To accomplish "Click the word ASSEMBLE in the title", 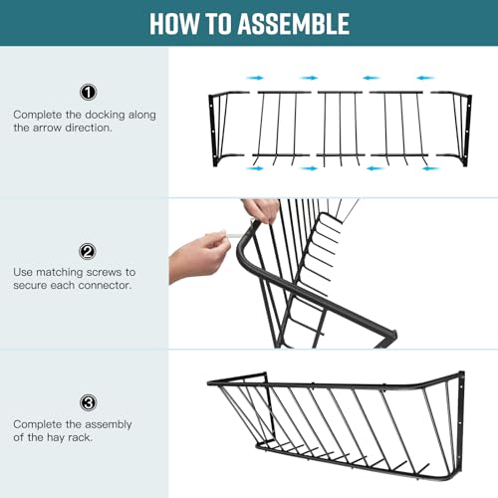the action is coord(294,24).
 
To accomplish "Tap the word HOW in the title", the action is coord(174,24).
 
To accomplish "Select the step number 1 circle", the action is coord(88,93).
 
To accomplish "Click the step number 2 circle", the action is coord(88,251).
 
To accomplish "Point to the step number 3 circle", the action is coord(88,402).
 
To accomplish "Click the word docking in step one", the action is coord(105,115).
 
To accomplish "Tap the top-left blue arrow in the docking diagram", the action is coord(255,78).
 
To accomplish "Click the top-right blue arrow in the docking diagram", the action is coord(425,78).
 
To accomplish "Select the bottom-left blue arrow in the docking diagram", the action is coord(255,168).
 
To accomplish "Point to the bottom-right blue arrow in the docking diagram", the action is coord(431,168).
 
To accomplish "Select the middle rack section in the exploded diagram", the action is coord(341,128).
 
